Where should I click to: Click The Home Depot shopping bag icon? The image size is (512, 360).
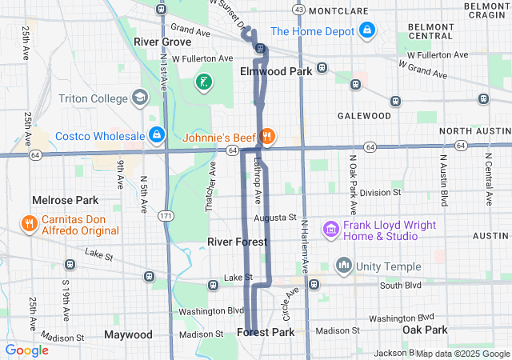click(x=367, y=31)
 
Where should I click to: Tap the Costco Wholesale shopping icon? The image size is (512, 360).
click(x=157, y=135)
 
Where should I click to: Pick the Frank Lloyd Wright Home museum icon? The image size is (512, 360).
click(x=330, y=230)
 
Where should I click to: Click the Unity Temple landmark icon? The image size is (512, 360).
click(x=344, y=264)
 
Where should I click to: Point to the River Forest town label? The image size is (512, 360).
click(x=237, y=242)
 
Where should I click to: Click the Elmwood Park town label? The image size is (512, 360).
click(x=275, y=71)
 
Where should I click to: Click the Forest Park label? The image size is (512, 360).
click(x=266, y=332)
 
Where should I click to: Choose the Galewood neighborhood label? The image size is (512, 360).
click(x=364, y=115)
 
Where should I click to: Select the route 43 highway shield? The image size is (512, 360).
click(x=298, y=9)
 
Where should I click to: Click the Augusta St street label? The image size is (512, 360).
click(x=275, y=217)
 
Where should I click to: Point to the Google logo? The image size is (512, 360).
click(x=26, y=350)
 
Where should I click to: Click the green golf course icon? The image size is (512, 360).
click(x=203, y=82)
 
